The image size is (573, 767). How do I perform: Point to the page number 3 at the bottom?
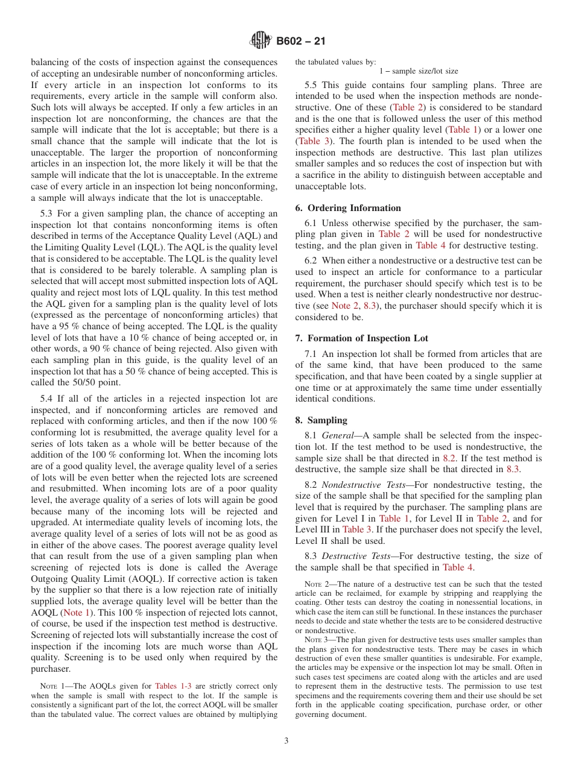(x=286, y=741)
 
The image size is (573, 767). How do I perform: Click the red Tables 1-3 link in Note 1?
(x=174, y=686)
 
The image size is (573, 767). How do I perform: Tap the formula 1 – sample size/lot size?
(x=419, y=71)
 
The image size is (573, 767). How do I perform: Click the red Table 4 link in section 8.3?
(x=461, y=567)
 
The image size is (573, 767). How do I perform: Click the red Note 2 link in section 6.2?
(x=344, y=306)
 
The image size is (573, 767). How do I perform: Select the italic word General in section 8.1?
(x=337, y=436)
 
